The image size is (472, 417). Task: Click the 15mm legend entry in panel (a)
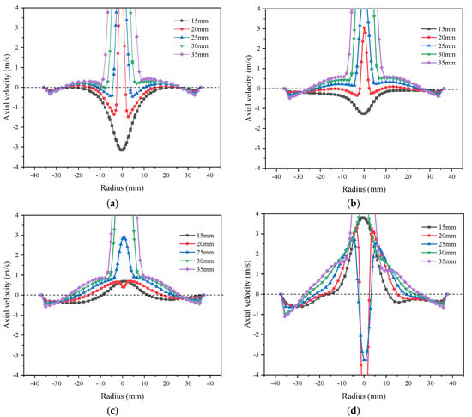click(191, 21)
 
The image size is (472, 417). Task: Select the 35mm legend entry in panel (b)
click(438, 63)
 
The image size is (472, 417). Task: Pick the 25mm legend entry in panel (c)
click(197, 253)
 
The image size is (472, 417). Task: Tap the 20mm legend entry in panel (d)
click(439, 236)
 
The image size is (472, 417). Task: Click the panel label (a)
click(112, 204)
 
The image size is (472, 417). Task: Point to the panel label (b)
click(353, 204)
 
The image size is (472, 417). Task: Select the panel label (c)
click(112, 410)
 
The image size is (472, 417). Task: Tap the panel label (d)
click(353, 410)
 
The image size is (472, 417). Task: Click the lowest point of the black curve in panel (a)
click(122, 150)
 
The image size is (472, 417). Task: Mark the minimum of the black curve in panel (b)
click(364, 113)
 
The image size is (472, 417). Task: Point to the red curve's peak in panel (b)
click(364, 28)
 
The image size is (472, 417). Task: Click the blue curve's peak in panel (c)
click(124, 237)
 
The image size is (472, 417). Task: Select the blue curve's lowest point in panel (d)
click(365, 359)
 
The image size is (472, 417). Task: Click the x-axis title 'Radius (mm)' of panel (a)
click(122, 187)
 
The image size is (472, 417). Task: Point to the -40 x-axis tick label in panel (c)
click(34, 383)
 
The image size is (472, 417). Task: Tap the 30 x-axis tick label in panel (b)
click(430, 177)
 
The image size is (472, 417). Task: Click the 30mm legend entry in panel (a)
click(191, 46)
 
